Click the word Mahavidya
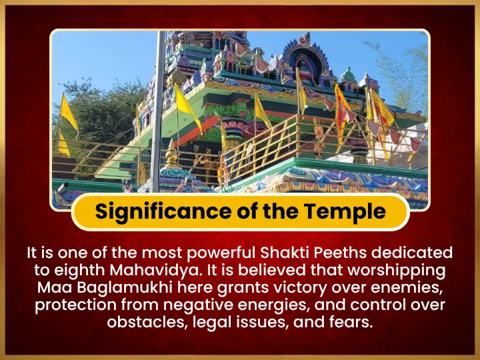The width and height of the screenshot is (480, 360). click(x=156, y=271)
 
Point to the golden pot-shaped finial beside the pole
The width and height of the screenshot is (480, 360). click(x=171, y=154)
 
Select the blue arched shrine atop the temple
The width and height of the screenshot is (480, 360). click(x=306, y=61)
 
